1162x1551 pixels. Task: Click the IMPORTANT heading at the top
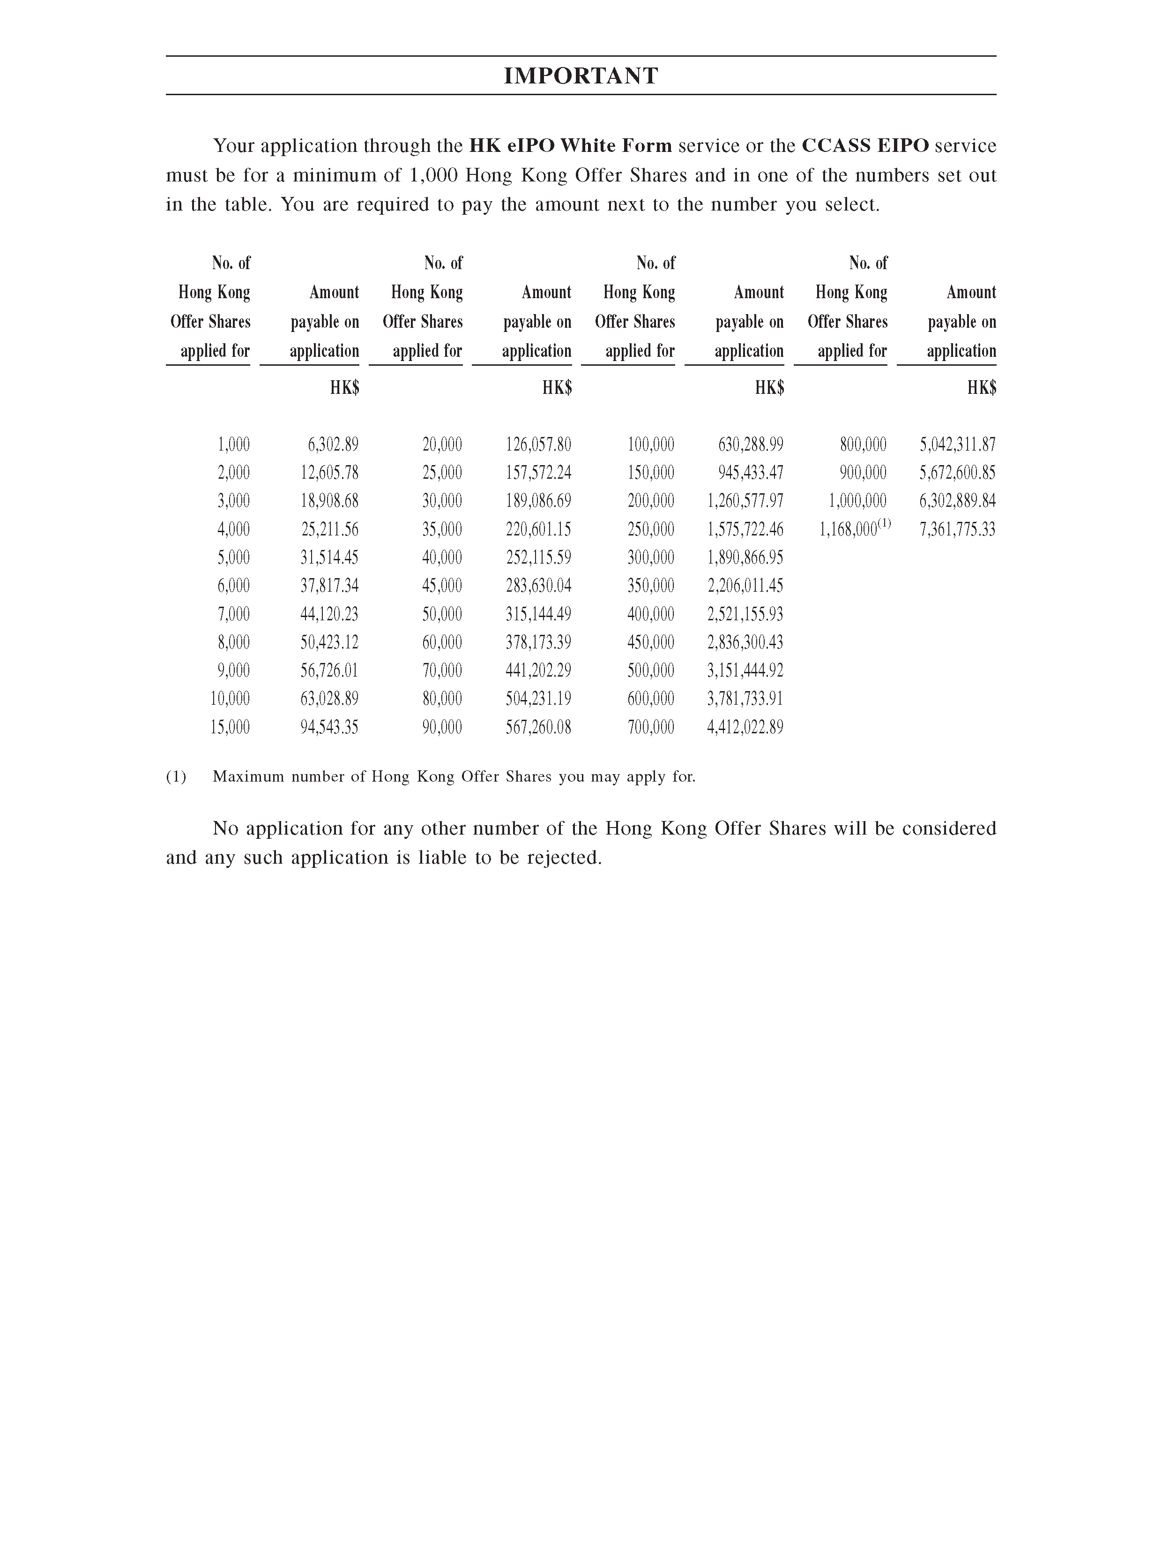point(581,76)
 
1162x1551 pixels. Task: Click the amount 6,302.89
point(333,444)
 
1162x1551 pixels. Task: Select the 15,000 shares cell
point(230,727)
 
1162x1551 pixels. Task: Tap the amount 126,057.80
point(538,444)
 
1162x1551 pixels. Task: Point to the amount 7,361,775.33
point(957,529)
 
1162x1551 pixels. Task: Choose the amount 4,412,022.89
point(745,727)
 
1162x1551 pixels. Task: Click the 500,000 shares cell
point(651,671)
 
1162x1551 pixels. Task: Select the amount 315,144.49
point(538,614)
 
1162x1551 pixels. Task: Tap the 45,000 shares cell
point(442,586)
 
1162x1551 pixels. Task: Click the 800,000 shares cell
point(864,444)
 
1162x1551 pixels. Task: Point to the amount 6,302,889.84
point(957,501)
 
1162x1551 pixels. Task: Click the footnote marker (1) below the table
point(176,777)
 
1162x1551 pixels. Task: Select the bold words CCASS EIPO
point(865,146)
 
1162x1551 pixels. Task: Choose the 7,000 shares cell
point(233,614)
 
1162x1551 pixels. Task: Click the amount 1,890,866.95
point(745,558)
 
